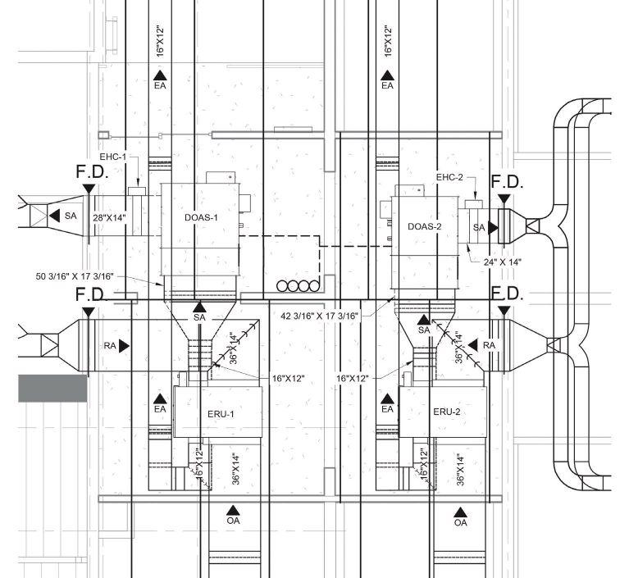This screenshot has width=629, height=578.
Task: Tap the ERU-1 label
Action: tap(219, 414)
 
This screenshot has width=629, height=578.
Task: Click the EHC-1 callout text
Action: tap(112, 156)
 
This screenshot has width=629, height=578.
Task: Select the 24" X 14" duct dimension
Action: tap(502, 262)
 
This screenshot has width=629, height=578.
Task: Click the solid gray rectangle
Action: tap(52, 388)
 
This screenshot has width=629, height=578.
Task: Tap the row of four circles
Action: tap(299, 286)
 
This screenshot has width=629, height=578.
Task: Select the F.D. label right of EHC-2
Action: tap(506, 181)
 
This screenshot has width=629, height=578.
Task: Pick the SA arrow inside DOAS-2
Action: tap(484, 227)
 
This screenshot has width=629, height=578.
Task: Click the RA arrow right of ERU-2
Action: tap(486, 346)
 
